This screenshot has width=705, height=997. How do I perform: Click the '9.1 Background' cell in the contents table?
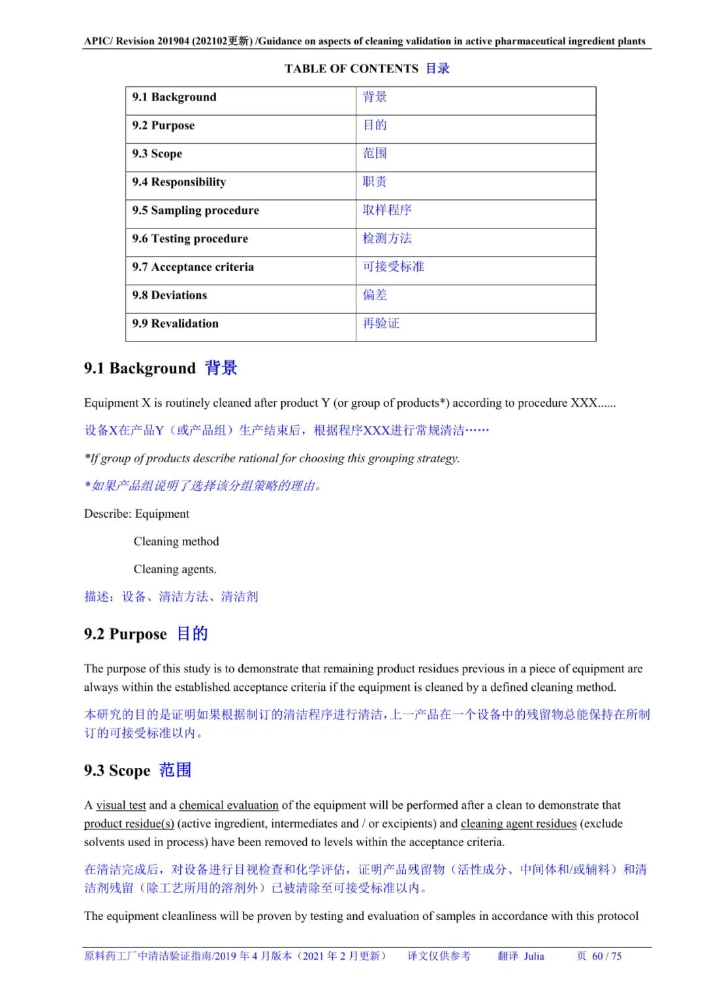tap(174, 97)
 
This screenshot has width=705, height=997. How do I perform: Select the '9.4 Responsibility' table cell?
tap(179, 182)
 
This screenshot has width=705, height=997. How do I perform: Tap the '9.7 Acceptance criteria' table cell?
tap(193, 267)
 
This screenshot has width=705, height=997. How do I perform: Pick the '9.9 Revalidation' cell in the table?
tap(175, 324)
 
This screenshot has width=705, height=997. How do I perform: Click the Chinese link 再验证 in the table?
tap(381, 323)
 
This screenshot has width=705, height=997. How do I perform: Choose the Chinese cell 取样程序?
tap(387, 210)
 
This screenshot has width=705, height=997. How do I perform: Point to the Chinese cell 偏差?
tap(375, 295)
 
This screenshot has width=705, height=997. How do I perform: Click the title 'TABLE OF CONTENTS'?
tap(351, 69)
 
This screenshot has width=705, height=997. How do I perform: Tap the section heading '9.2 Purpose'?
tap(125, 634)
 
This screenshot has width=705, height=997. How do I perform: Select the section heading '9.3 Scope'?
tap(117, 770)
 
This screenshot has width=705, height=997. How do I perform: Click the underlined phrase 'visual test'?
tap(121, 805)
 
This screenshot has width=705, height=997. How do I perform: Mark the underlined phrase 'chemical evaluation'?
tap(228, 805)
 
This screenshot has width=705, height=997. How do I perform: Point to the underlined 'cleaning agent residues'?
tap(518, 823)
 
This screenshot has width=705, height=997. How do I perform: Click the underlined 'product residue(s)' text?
tap(129, 823)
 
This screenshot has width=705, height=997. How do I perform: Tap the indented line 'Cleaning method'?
tap(176, 541)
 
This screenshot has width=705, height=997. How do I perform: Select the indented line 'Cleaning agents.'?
tap(175, 569)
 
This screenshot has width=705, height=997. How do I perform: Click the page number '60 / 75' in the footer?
tap(606, 956)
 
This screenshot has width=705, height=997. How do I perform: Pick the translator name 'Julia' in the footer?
tap(533, 956)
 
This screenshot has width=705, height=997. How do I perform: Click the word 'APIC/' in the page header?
tap(98, 41)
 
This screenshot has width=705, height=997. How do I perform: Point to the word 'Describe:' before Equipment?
tap(108, 514)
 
